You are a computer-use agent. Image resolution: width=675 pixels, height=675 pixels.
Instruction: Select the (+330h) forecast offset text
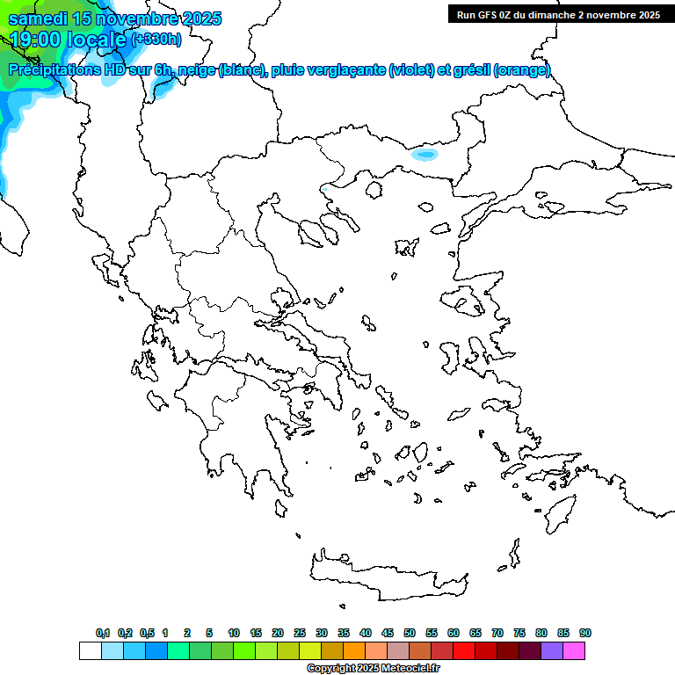pos(156,39)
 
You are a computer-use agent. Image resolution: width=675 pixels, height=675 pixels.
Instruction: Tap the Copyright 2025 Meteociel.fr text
pos(374,669)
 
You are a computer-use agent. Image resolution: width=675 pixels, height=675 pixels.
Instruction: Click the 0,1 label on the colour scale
pos(103,633)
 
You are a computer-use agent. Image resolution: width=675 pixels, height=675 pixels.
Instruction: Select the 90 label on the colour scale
pos(585,633)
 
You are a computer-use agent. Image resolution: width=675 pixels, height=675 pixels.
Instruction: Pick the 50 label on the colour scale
pos(410,633)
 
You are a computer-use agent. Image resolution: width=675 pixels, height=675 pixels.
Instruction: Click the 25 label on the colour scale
pos(300,633)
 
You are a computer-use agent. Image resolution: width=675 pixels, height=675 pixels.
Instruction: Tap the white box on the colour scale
pos(90,650)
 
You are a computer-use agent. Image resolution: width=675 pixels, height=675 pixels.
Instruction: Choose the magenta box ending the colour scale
pos(575,650)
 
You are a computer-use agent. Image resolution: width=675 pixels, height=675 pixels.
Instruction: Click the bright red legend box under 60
pos(464,650)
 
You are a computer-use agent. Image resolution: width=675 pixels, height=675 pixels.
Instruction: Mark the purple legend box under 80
pos(553,650)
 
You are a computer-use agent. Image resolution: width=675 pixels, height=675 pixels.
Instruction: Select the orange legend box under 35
pos(354,650)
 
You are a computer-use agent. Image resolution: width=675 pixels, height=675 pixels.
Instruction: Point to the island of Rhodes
pos(558,510)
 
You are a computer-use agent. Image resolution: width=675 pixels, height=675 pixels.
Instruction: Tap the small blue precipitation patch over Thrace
pos(425,154)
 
